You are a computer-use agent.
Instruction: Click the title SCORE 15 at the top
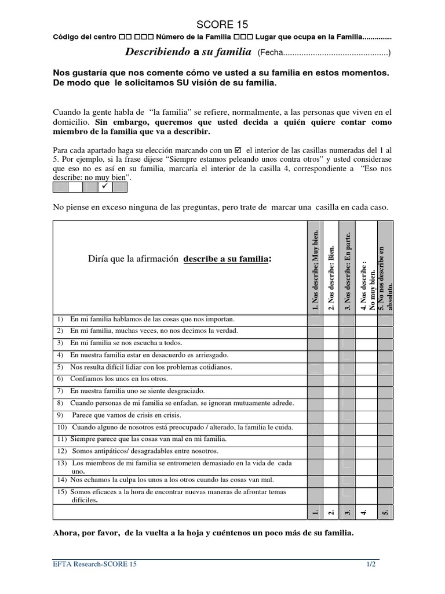[x=222, y=24]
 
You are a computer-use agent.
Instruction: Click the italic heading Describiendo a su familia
[x=188, y=52]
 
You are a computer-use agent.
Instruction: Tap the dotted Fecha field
[x=334, y=53]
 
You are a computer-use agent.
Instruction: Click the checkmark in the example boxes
[x=105, y=187]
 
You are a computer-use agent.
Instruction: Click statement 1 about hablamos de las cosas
[x=144, y=319]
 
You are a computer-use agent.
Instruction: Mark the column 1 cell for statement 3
[x=315, y=343]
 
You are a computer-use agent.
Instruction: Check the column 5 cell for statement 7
[x=384, y=391]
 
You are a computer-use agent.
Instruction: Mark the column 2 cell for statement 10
[x=331, y=427]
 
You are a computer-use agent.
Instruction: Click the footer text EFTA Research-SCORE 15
[x=96, y=563]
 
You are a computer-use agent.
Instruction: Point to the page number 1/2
[x=370, y=563]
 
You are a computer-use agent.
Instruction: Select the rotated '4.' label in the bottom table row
[x=364, y=512]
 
